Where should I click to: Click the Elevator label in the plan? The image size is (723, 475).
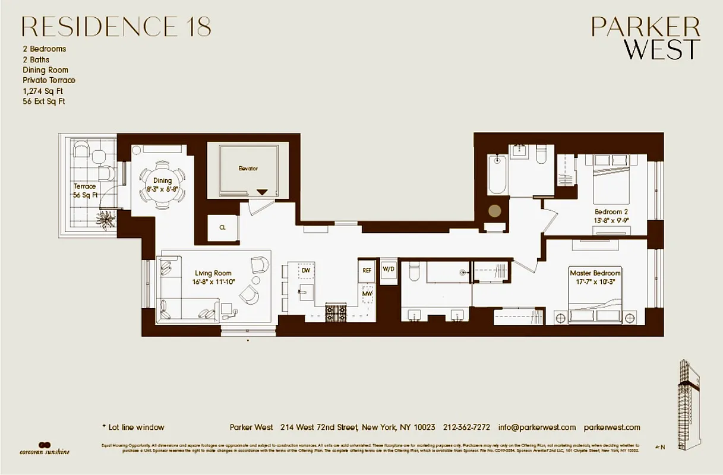[248, 169]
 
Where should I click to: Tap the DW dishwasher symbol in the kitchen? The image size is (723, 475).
[306, 270]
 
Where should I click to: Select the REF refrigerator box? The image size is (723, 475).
[367, 270]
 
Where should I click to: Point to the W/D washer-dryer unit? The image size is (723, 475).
[388, 269]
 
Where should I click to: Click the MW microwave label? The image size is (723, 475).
[367, 293]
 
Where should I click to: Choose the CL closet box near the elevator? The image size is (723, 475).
[222, 227]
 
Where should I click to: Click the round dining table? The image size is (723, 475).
[163, 185]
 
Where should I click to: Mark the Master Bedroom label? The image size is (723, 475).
[595, 273]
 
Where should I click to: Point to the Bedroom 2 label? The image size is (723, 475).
[611, 212]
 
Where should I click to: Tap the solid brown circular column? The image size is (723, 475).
[494, 210]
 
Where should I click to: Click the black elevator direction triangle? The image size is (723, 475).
[262, 192]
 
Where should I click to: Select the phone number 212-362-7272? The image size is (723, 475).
[466, 427]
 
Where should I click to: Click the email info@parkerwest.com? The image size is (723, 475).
[537, 427]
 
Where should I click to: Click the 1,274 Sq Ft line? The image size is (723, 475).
[43, 91]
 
